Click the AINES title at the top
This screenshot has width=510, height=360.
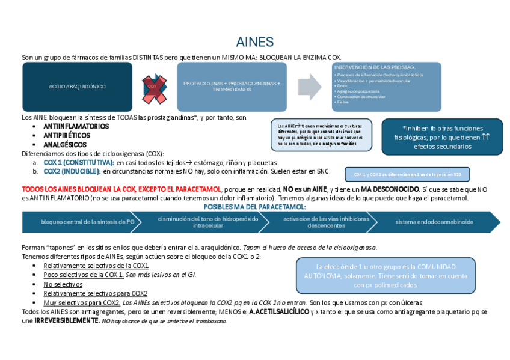coord(254,42)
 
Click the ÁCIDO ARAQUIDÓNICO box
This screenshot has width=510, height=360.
coord(77,87)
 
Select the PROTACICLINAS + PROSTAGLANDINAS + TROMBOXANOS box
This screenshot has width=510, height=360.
coord(232,87)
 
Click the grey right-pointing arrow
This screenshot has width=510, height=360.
coord(310,87)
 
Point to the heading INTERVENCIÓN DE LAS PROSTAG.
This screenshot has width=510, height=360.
coord(375,67)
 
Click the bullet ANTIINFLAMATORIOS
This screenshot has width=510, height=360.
coord(76,127)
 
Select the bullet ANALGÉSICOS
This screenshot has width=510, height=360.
coord(65,145)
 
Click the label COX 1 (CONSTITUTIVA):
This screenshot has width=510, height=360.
coord(79,163)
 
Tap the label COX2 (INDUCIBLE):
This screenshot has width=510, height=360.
coord(73,171)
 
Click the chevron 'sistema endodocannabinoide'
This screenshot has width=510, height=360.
coord(434,222)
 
